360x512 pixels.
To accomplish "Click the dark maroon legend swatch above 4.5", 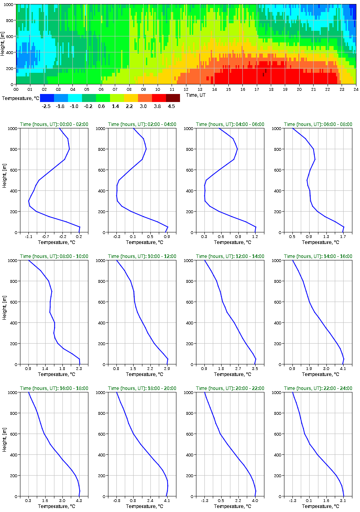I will click(173, 98).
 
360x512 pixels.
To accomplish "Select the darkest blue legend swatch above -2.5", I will click(47, 98).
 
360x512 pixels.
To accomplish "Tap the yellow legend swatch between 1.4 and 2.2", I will click(131, 98).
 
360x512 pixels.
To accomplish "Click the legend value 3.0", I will click(143, 106).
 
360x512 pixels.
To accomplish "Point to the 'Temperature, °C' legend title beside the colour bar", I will click(20, 98).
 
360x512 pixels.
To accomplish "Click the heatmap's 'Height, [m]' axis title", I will click(3, 44).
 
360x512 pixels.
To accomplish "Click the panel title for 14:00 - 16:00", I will click(318, 256).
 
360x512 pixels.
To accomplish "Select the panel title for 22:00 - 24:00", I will click(318, 388).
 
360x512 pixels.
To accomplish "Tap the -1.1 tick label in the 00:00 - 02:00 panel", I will click(28, 237).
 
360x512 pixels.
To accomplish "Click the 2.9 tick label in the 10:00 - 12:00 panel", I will click(167, 369).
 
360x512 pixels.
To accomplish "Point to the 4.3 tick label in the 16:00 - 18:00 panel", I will click(79, 501).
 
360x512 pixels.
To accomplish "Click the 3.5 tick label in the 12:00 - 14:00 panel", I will click(255, 369).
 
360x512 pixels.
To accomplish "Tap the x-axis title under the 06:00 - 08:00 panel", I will click(318, 242).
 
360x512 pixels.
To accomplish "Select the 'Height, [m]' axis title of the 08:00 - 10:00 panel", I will click(3, 312).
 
